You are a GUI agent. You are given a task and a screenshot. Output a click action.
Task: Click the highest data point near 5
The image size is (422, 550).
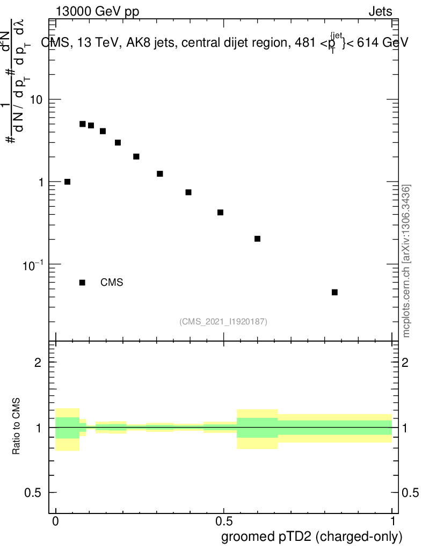(83, 124)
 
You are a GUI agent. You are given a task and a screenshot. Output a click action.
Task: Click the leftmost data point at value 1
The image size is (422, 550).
(67, 182)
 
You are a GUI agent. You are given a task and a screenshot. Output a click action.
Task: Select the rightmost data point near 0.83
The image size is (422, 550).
(334, 292)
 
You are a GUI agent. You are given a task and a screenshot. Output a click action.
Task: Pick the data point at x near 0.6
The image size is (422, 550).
(257, 238)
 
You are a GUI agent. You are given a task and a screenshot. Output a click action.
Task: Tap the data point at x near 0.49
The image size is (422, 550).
(220, 212)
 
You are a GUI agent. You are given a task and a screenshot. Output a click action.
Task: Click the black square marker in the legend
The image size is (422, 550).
(82, 283)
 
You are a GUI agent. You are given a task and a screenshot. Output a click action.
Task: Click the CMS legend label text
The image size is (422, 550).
(112, 283)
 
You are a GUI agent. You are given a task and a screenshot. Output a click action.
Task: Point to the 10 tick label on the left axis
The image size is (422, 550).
(35, 100)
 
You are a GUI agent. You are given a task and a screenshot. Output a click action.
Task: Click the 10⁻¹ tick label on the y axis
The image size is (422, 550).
(32, 264)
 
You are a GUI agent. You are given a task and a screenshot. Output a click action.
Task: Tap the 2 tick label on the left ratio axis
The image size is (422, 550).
(38, 363)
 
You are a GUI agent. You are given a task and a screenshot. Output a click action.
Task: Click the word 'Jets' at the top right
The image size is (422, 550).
(380, 12)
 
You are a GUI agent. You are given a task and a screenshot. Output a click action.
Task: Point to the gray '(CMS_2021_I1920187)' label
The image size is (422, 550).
(223, 321)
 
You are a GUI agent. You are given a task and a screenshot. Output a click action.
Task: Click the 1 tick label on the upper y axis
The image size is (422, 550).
(38, 182)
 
